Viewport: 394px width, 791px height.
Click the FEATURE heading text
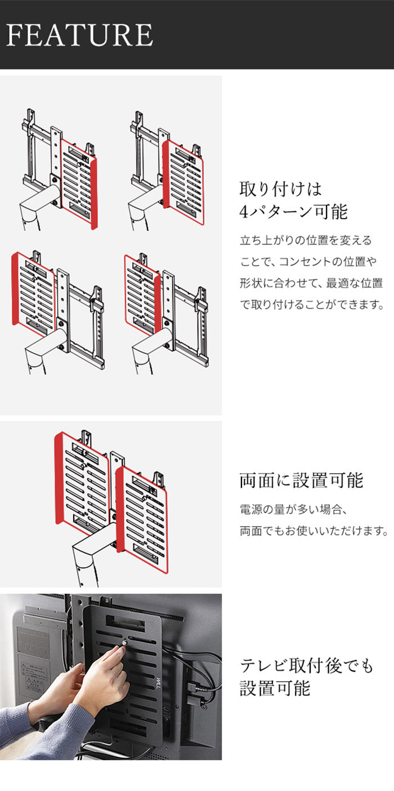coord(79,35)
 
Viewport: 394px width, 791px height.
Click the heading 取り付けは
coord(280,188)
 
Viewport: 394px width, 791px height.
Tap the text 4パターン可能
coord(293,212)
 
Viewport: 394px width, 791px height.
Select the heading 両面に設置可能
coord(301,480)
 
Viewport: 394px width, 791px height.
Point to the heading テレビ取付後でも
coord(306,666)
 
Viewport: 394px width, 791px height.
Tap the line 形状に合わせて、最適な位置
coord(311,283)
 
